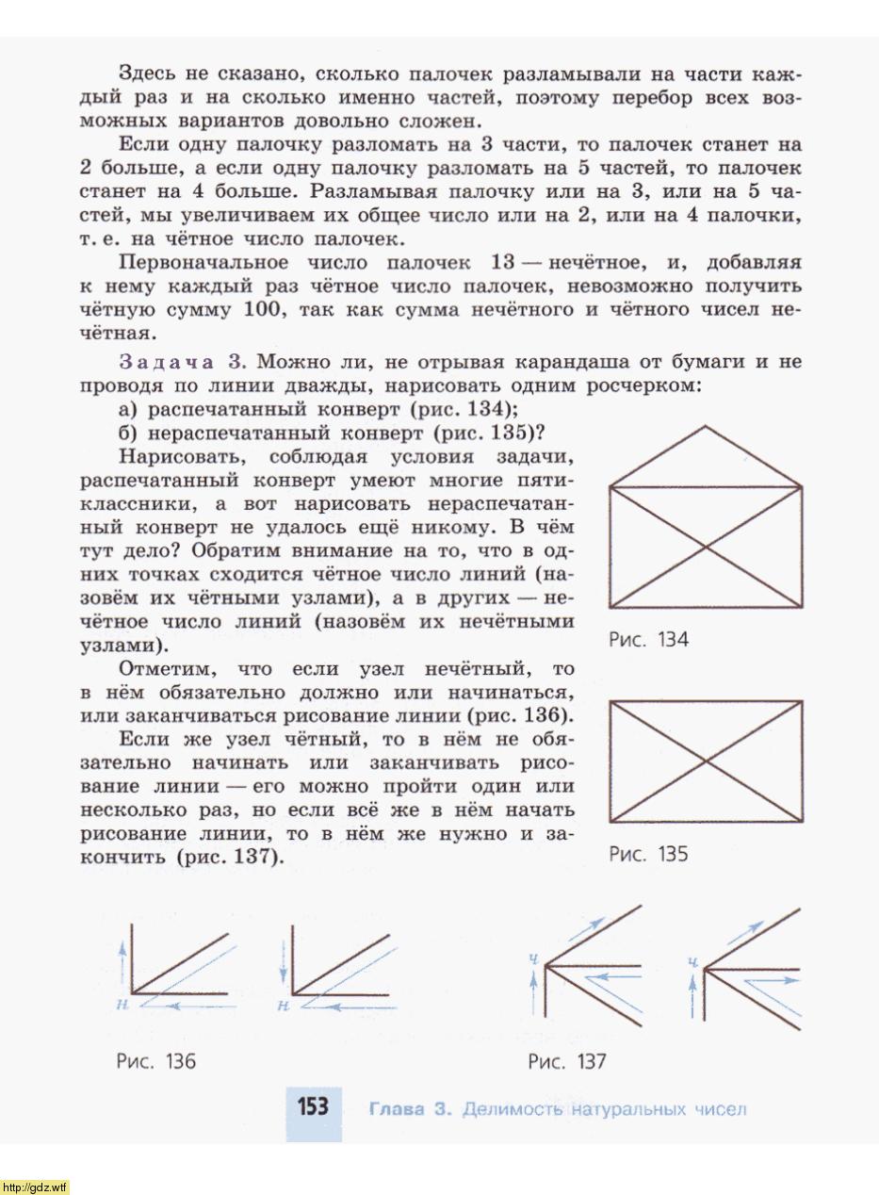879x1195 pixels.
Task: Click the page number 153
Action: [313, 1106]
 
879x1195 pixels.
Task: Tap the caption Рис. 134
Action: [648, 640]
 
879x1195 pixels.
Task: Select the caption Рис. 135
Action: [648, 854]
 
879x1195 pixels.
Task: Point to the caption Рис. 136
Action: [155, 1061]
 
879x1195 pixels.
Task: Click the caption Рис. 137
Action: [566, 1062]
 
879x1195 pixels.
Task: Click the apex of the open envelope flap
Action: [707, 426]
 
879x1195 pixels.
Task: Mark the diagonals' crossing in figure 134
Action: [707, 547]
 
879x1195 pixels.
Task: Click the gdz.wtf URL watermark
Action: [35, 1187]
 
